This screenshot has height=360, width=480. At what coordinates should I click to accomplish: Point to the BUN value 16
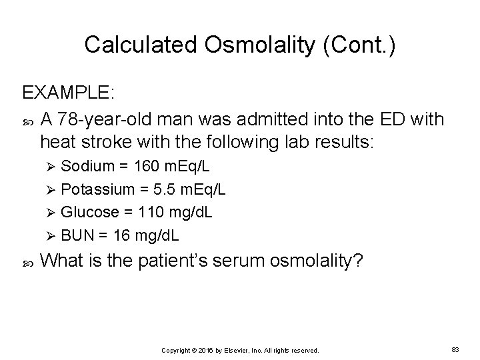point(123,236)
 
